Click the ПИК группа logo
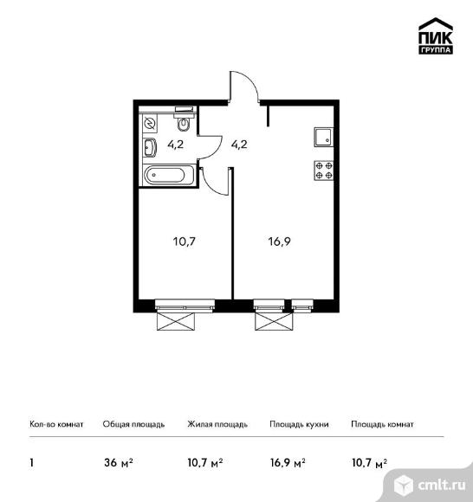tap(436, 35)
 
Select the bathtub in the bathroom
tap(169, 175)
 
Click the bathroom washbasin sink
tap(150, 148)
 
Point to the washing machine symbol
tap(150, 123)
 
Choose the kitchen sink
tap(324, 137)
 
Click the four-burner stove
tap(324, 171)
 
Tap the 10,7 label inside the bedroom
tap(185, 241)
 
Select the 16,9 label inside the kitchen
tap(280, 241)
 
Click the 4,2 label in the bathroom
tap(176, 145)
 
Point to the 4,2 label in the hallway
tap(239, 145)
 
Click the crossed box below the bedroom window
tap(176, 321)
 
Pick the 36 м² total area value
tap(118, 463)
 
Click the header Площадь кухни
tap(299, 424)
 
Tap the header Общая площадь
tap(133, 424)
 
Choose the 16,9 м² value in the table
tap(288, 463)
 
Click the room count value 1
tap(31, 463)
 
